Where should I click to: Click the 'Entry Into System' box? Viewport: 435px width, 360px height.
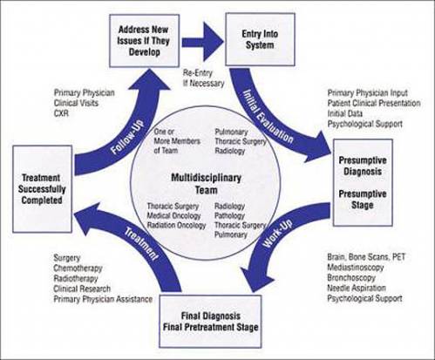[x=261, y=39]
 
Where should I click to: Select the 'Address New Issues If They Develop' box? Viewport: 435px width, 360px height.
[x=144, y=41]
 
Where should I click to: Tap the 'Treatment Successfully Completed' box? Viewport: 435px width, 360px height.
[x=42, y=189]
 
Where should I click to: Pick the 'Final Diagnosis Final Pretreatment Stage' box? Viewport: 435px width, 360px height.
[x=210, y=322]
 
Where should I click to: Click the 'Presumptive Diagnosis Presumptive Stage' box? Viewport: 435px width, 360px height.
[x=363, y=182]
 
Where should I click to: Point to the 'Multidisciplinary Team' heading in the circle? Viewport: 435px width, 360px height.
[x=207, y=184]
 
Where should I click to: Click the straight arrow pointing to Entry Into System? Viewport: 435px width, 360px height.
[x=203, y=42]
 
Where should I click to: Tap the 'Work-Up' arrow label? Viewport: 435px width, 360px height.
[x=277, y=234]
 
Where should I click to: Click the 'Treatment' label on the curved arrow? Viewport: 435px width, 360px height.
[x=141, y=244]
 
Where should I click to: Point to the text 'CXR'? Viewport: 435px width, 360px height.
[x=61, y=113]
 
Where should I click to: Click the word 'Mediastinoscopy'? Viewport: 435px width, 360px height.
[x=356, y=268]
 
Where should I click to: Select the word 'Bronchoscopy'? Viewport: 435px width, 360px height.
[x=351, y=278]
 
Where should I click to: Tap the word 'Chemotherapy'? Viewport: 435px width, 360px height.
[x=78, y=268]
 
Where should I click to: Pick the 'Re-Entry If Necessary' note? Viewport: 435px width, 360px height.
[x=203, y=78]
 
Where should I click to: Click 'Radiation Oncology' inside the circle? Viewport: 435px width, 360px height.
[x=176, y=225]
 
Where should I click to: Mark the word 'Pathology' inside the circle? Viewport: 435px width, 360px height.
[x=229, y=216]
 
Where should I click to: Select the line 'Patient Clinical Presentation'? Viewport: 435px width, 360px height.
[x=374, y=103]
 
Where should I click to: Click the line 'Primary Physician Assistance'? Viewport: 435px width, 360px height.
[x=103, y=299]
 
